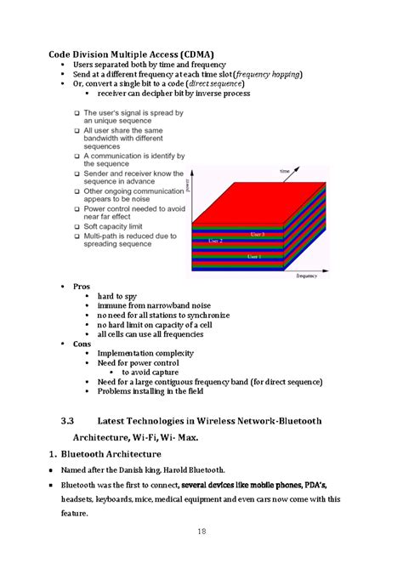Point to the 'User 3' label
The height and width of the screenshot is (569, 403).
click(x=257, y=234)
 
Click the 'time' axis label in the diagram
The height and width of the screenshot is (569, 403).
click(x=284, y=172)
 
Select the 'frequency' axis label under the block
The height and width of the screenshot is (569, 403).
click(x=306, y=276)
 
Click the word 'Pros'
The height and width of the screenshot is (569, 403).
click(x=82, y=287)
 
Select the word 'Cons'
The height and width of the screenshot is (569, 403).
click(x=82, y=344)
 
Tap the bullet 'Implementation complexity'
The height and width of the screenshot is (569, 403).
click(x=145, y=353)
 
